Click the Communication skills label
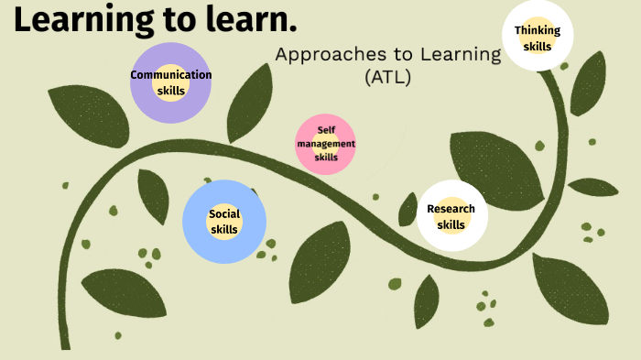[171, 82]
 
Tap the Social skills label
[224, 222]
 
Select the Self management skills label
[326, 145]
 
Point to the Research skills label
[451, 217]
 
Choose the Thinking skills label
[538, 38]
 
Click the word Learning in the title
[82, 20]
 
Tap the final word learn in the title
[255, 20]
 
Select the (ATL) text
[387, 78]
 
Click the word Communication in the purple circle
[171, 75]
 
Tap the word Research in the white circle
[451, 209]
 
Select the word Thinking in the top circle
[538, 30]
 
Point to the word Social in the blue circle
[224, 214]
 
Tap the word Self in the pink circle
[326, 131]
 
